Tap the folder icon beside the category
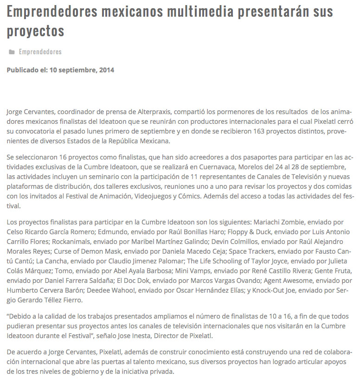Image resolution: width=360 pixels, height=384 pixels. [12, 52]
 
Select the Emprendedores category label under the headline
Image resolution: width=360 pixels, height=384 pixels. [40, 52]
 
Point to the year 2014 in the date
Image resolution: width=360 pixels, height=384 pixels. [106, 70]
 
